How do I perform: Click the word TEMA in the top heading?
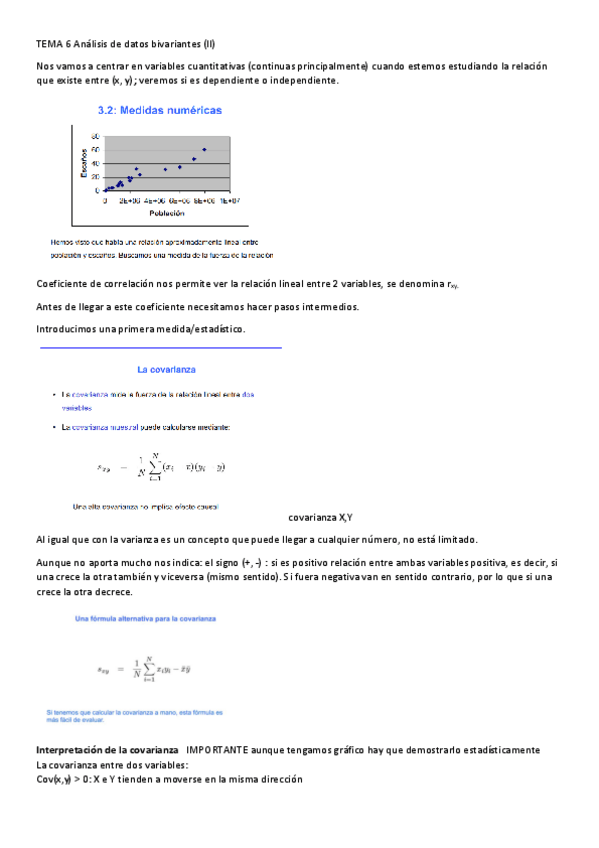[x=48, y=44]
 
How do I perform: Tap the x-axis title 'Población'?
[x=166, y=213]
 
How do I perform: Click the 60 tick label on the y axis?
[x=96, y=150]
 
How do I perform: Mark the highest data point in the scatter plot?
[x=204, y=150]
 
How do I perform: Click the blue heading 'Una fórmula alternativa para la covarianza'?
[x=149, y=620]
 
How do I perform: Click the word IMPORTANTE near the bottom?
[x=221, y=749]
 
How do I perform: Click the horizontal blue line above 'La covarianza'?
[x=160, y=348]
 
